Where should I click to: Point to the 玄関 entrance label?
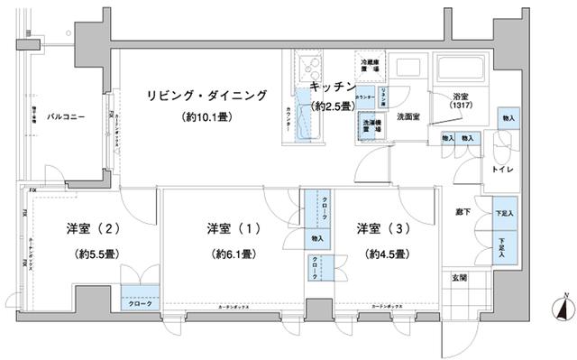tap(460, 278)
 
